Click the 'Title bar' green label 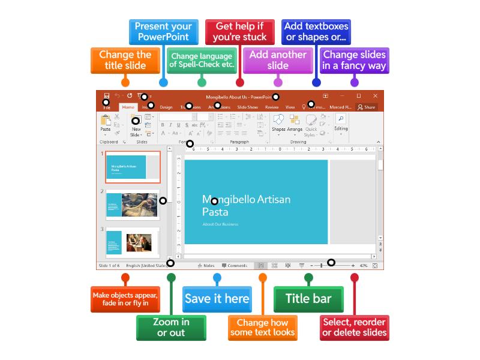(x=308, y=299)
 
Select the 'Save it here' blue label (x=217, y=299)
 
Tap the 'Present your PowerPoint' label (x=163, y=31)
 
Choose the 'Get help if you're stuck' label (x=239, y=31)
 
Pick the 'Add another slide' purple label (x=278, y=59)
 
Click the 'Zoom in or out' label (x=171, y=327)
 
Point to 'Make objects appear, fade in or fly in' (x=125, y=299)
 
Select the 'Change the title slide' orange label (x=125, y=59)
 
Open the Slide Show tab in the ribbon (x=247, y=107)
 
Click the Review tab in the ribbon (x=272, y=107)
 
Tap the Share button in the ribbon (x=366, y=107)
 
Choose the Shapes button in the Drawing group (x=278, y=124)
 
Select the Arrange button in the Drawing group (x=295, y=124)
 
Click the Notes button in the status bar (x=205, y=265)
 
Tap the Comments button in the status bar (x=234, y=265)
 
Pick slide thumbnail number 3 (x=133, y=242)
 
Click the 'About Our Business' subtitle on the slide (x=220, y=224)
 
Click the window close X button (x=376, y=95)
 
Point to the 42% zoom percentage (x=364, y=265)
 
